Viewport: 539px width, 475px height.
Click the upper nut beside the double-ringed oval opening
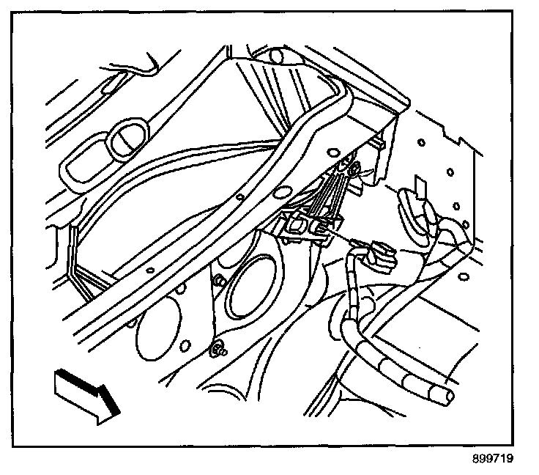[218, 281]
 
